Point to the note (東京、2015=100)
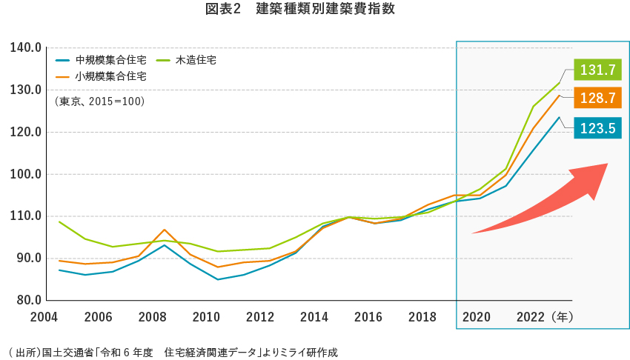pyautogui.click(x=99, y=101)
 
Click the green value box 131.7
pyautogui.click(x=597, y=70)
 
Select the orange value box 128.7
pyautogui.click(x=597, y=98)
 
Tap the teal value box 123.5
pyautogui.click(x=597, y=128)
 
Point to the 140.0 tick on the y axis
pyautogui.click(x=25, y=48)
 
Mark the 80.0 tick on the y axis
pyautogui.click(x=25, y=301)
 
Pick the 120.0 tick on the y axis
pyautogui.click(x=25, y=133)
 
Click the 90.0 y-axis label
pyautogui.click(x=25, y=259)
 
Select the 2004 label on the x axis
pyautogui.click(x=44, y=317)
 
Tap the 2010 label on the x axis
pyautogui.click(x=206, y=317)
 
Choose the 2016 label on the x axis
pyautogui.click(x=368, y=317)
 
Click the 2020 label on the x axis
pyautogui.click(x=477, y=317)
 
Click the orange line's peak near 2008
pyautogui.click(x=165, y=230)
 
